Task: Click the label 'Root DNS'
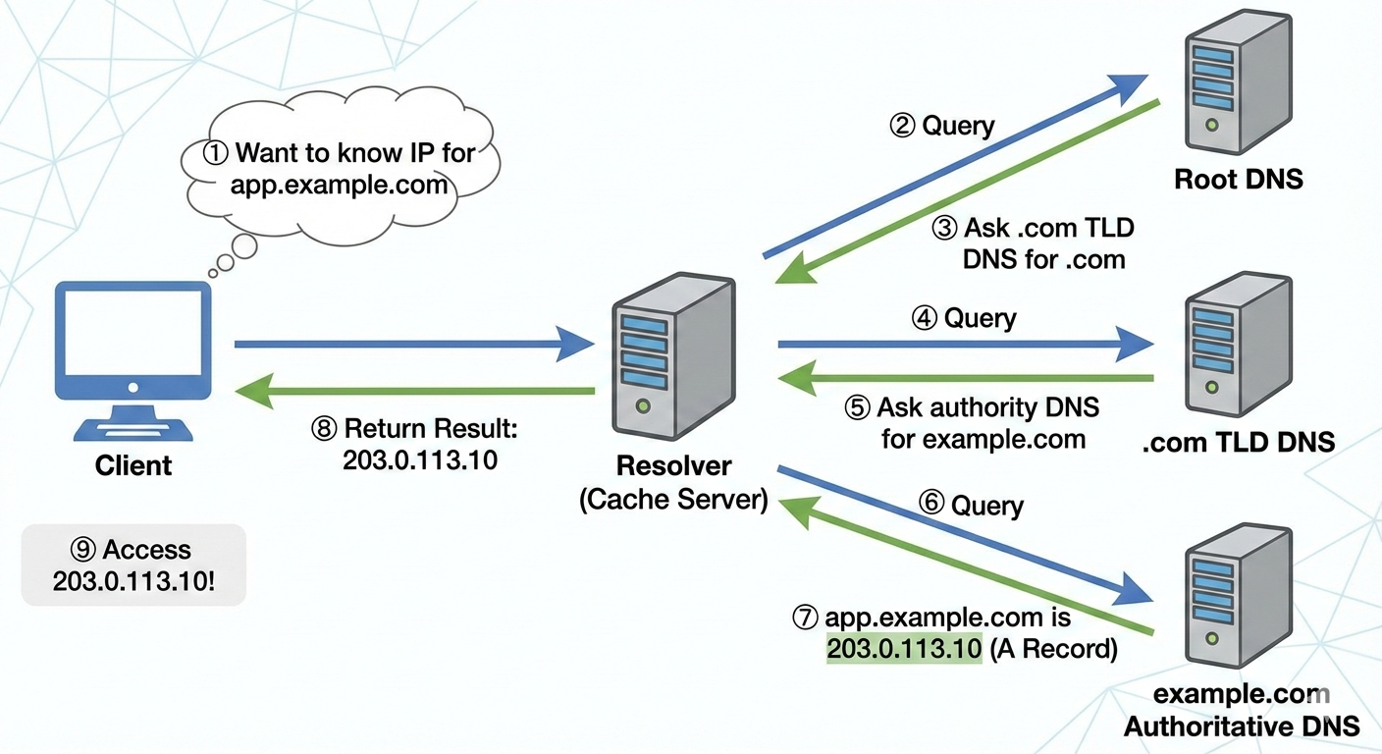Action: click(1238, 180)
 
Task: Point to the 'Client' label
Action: click(133, 465)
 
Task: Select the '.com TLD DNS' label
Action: click(1239, 442)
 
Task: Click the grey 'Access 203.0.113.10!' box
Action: click(133, 565)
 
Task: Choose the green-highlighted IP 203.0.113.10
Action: click(904, 648)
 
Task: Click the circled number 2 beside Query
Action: click(902, 126)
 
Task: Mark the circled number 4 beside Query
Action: click(924, 318)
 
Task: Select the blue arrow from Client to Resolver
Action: click(412, 345)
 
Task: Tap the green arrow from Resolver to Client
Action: click(412, 391)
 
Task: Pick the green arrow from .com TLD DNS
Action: click(967, 378)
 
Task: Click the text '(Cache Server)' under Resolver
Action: click(673, 499)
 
